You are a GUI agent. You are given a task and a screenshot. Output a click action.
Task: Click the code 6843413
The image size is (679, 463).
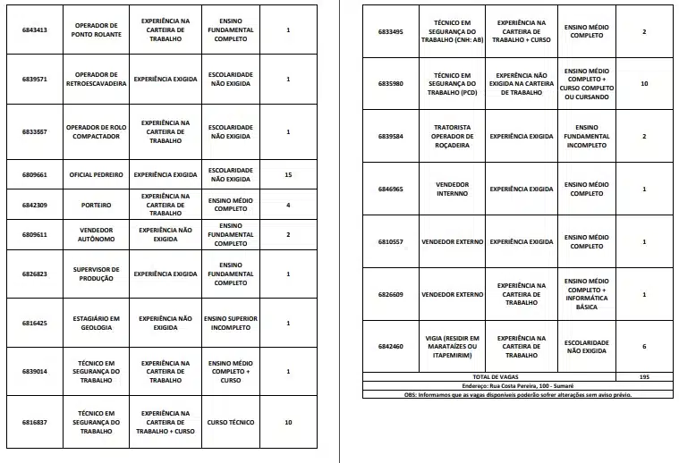pyautogui.click(x=34, y=30)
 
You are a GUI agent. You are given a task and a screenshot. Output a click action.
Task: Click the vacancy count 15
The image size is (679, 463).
pyautogui.click(x=287, y=175)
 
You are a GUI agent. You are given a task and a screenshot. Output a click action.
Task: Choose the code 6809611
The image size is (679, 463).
pyautogui.click(x=34, y=234)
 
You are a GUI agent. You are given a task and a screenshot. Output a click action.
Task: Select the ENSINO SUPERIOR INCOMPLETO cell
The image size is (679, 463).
pyautogui.click(x=230, y=323)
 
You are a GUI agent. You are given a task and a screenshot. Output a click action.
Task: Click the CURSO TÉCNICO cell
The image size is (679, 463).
pyautogui.click(x=230, y=422)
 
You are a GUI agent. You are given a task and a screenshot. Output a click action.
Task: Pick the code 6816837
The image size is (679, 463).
pyautogui.click(x=34, y=422)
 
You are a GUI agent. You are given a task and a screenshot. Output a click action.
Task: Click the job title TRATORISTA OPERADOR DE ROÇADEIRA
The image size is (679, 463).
pyautogui.click(x=452, y=136)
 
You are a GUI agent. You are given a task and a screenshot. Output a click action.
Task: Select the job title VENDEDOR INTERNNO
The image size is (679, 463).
pyautogui.click(x=452, y=189)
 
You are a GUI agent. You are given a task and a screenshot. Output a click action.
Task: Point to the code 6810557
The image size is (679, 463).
pyautogui.click(x=390, y=241)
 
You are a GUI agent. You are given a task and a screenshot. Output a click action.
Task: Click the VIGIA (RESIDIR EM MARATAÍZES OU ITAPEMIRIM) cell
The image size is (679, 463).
pyautogui.click(x=452, y=346)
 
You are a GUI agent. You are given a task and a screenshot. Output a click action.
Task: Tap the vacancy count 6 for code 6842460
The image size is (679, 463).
pyautogui.click(x=644, y=346)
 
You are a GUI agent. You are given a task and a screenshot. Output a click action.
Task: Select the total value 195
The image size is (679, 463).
pyautogui.click(x=644, y=377)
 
